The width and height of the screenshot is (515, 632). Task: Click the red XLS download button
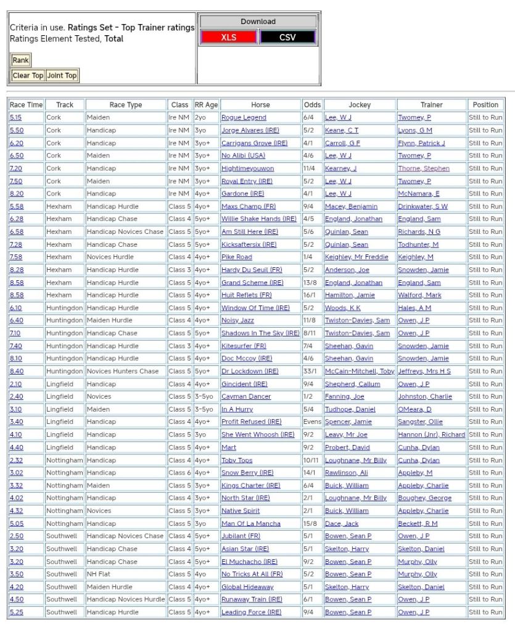229,37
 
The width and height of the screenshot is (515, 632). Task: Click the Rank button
20,60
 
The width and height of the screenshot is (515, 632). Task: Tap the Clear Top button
28,76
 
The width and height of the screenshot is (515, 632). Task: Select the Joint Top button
62,76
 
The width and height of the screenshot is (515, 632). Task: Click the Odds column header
311,105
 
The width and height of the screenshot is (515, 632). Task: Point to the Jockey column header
360,105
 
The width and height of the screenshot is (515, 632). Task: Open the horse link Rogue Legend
244,118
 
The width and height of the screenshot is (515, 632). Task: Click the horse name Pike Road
237,257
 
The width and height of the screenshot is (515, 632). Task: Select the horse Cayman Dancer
246,397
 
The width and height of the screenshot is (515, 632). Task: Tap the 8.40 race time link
16,372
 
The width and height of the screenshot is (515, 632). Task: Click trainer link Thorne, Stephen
424,168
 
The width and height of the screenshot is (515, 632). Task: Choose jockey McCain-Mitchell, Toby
360,372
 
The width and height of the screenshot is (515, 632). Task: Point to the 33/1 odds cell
311,372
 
